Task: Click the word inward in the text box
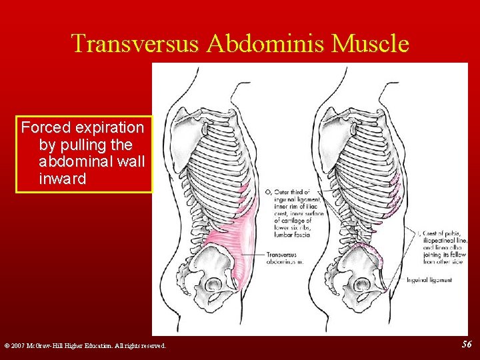(63, 179)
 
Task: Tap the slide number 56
(467, 343)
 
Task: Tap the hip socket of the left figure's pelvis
(214, 285)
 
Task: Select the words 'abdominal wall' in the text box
(92, 161)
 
